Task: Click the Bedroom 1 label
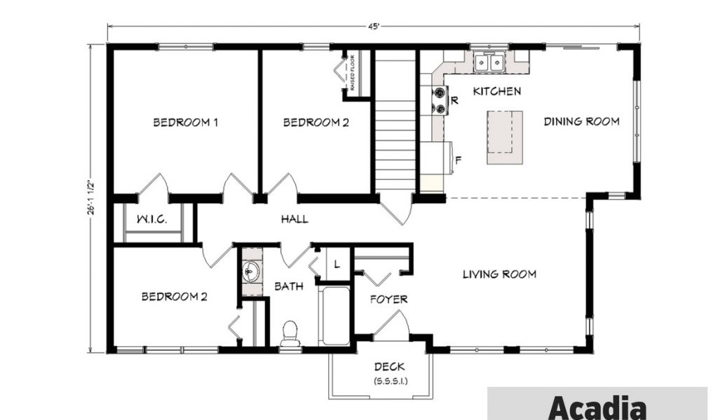click(x=185, y=122)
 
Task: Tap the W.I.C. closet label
click(x=152, y=219)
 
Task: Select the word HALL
click(x=294, y=219)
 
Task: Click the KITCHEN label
click(x=497, y=92)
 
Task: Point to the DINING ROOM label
click(x=581, y=122)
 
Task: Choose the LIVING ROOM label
click(x=499, y=274)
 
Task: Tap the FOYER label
click(x=388, y=300)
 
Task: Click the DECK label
click(x=389, y=367)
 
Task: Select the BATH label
click(x=289, y=286)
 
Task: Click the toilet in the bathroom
click(x=290, y=334)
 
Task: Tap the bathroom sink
click(x=250, y=272)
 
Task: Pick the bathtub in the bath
click(x=334, y=316)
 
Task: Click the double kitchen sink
click(x=489, y=62)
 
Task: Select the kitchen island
click(x=505, y=137)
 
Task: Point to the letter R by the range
click(x=454, y=101)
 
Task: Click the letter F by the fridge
click(x=458, y=160)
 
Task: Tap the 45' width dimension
click(x=373, y=27)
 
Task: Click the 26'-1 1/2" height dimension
click(x=91, y=197)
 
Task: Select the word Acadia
click(x=597, y=407)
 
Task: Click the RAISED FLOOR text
click(x=353, y=73)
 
